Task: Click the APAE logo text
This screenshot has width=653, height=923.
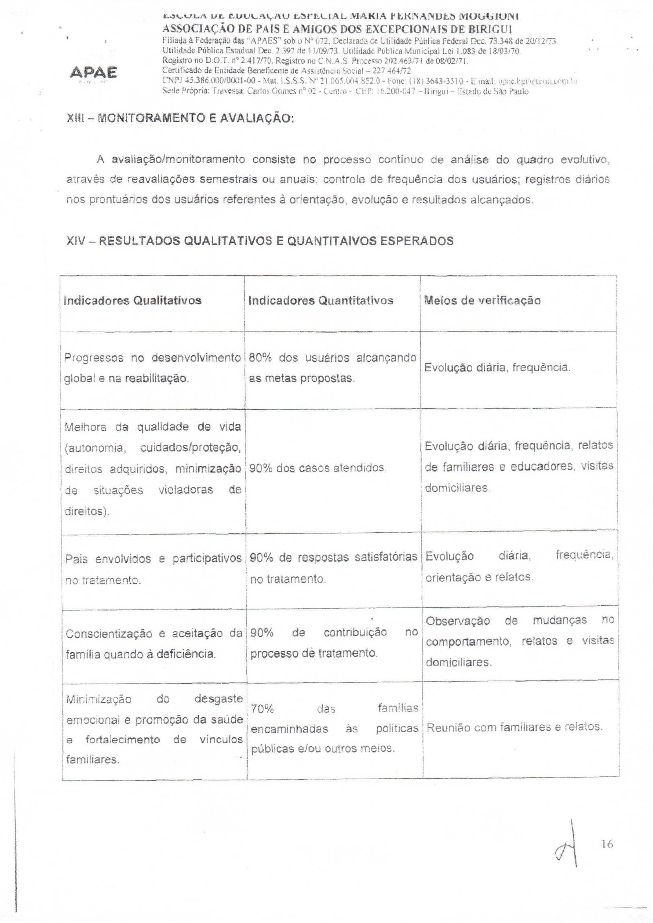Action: pyautogui.click(x=93, y=72)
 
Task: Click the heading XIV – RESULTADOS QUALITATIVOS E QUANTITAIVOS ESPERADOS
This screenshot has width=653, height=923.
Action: pyautogui.click(x=260, y=241)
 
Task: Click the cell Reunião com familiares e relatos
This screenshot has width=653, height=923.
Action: pyautogui.click(x=514, y=727)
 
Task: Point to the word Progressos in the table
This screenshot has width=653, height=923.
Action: pyautogui.click(x=94, y=358)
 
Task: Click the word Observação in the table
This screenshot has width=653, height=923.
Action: pyautogui.click(x=458, y=621)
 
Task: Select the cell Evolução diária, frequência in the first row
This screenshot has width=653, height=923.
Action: pyautogui.click(x=497, y=368)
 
